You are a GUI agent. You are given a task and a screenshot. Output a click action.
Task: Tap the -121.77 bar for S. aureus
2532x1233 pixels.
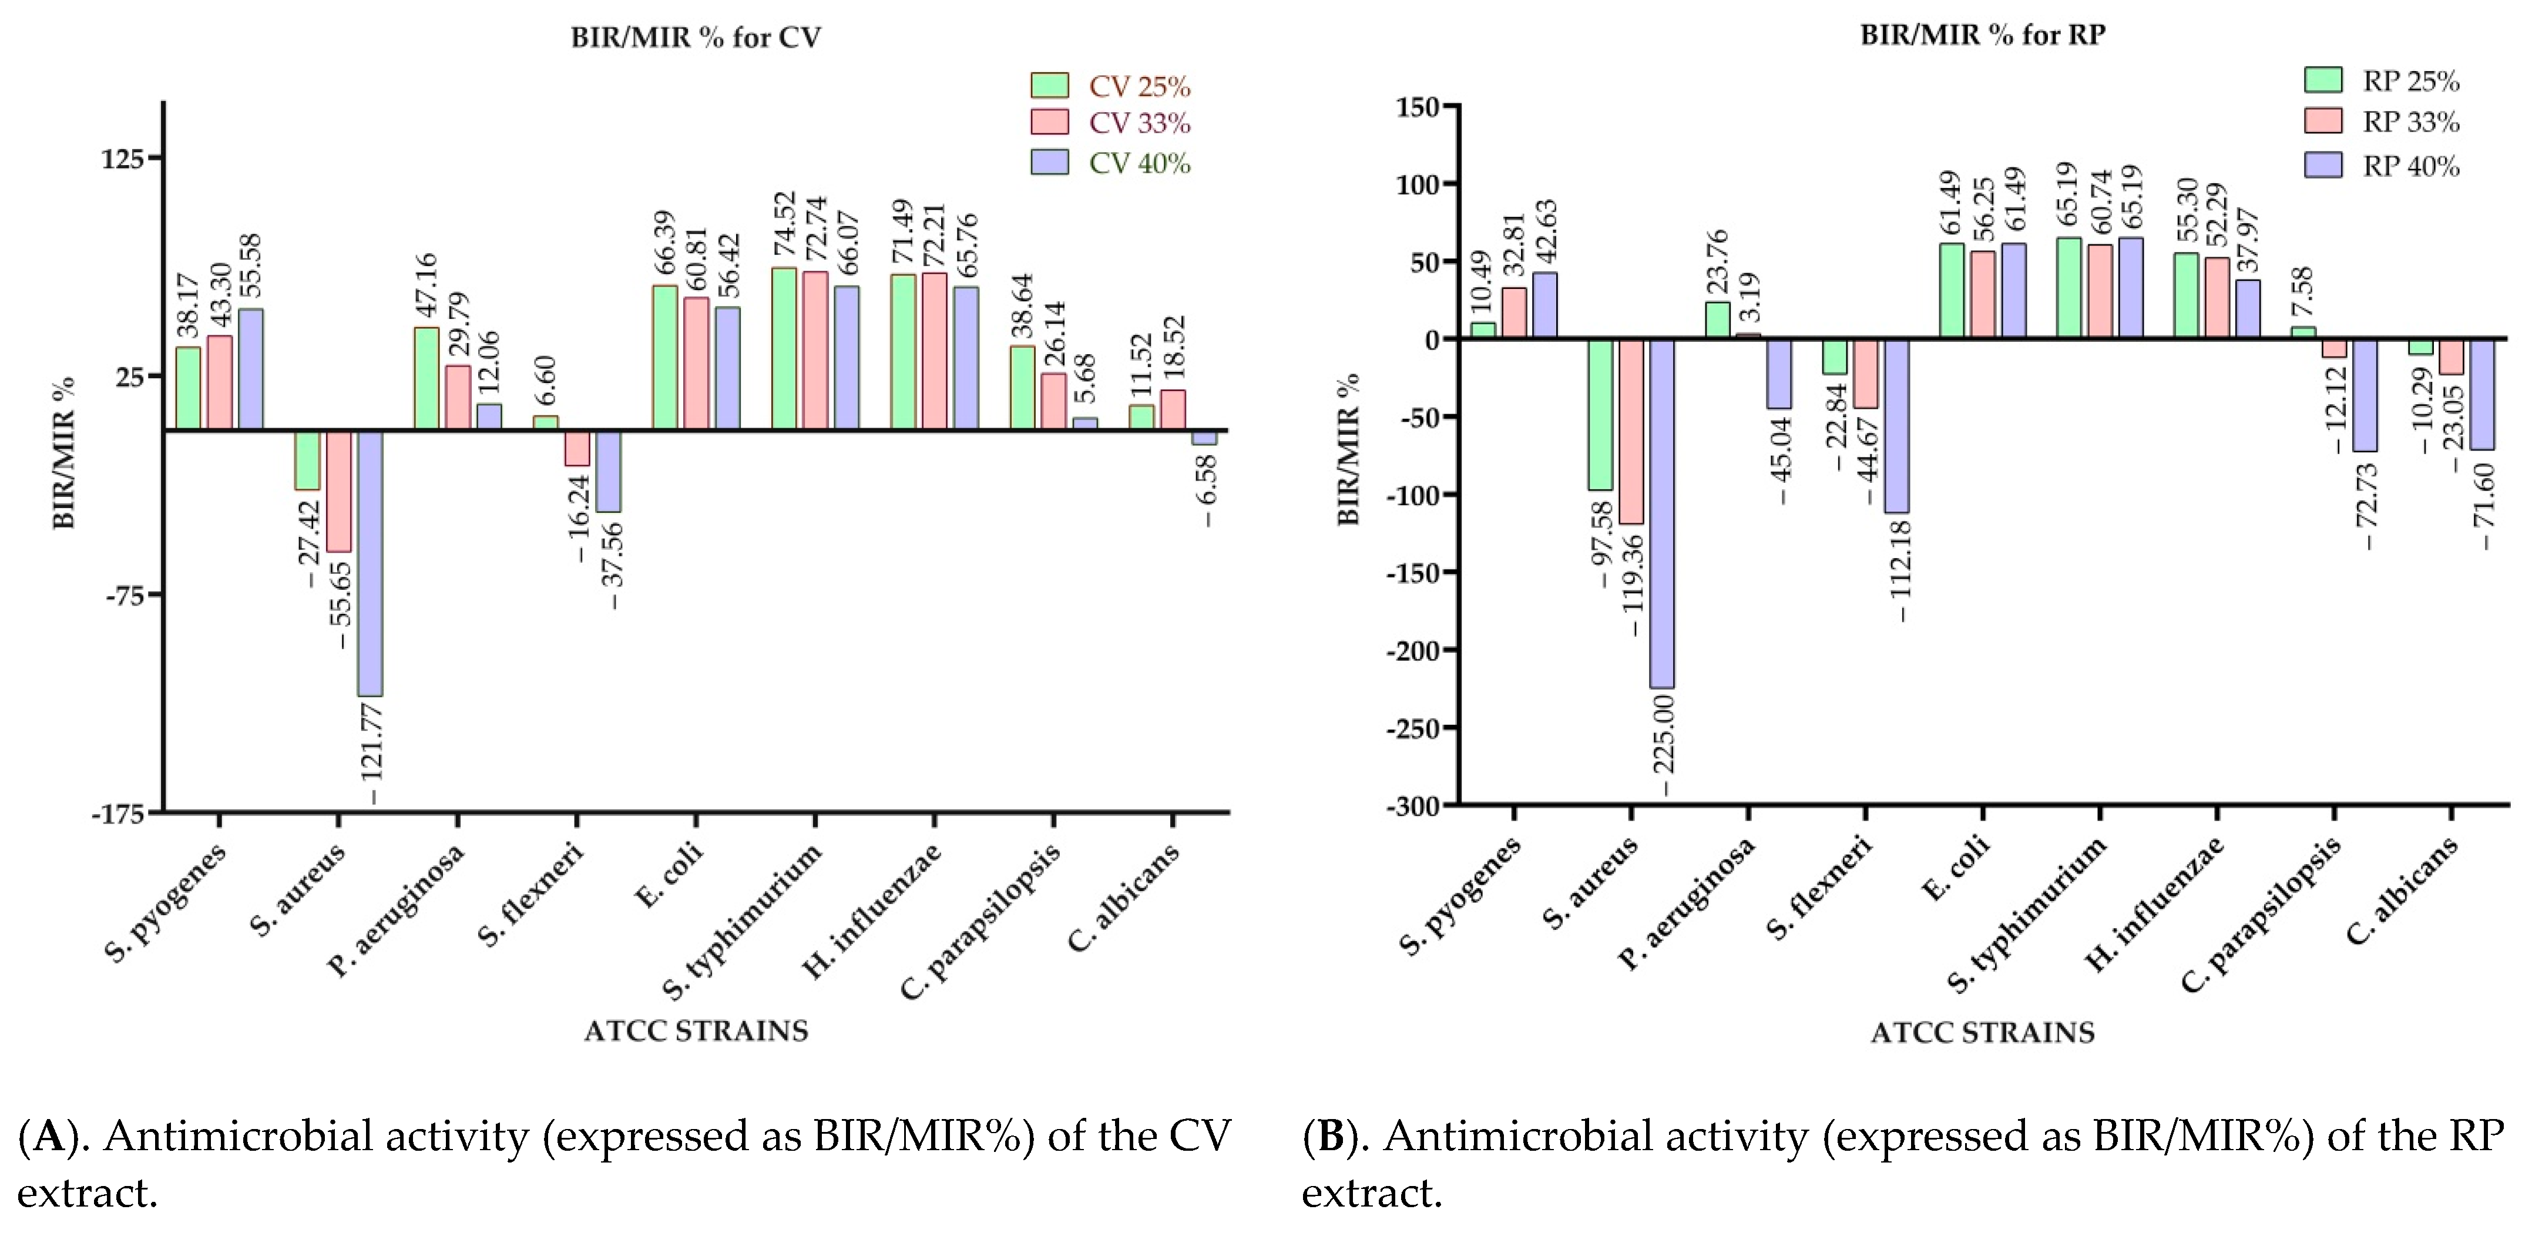point(371,563)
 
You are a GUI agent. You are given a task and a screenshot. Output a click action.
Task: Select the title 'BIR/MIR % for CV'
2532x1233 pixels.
point(696,38)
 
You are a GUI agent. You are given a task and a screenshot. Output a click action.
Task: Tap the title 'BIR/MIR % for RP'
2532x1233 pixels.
point(1983,35)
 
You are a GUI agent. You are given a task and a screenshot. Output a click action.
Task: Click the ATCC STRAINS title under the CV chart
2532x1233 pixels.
point(696,1030)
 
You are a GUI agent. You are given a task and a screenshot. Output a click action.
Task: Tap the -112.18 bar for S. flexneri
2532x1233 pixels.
point(1896,425)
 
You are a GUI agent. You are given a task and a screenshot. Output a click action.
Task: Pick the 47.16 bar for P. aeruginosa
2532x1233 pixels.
point(427,378)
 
